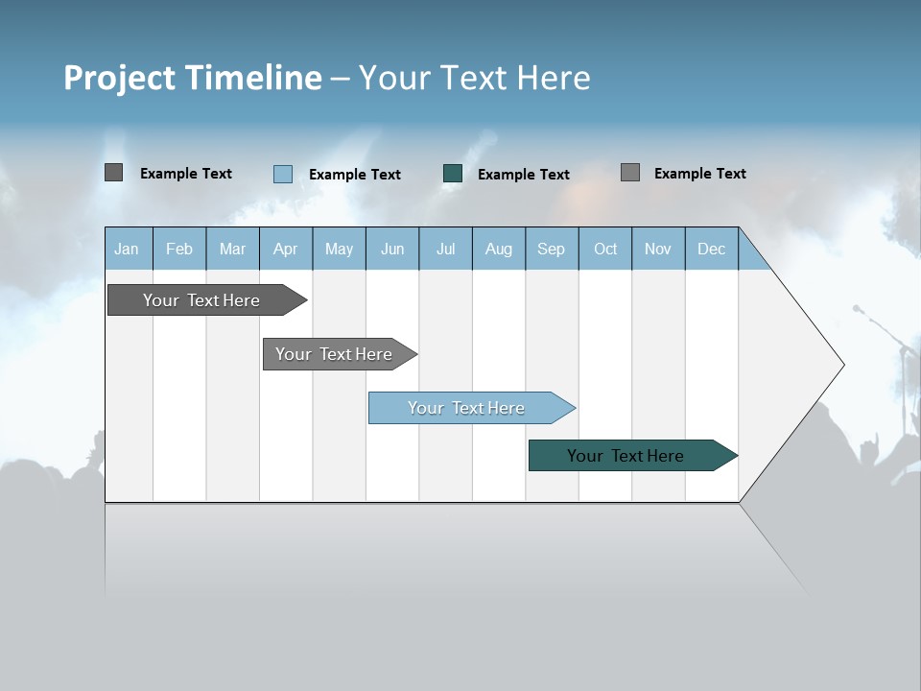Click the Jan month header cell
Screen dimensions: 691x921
coord(127,249)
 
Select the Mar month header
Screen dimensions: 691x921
coord(232,249)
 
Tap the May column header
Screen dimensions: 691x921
coord(339,249)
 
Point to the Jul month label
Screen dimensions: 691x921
coord(445,249)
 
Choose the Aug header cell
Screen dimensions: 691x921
coord(498,249)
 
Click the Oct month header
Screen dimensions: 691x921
coord(605,249)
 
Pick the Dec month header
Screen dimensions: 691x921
coord(711,249)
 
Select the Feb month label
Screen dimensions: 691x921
coord(179,249)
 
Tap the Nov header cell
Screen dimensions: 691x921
coord(658,249)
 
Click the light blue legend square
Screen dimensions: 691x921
coord(283,174)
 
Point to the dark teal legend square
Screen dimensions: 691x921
coord(453,174)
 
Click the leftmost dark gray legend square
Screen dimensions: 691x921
coord(114,173)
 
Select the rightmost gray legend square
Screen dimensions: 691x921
coord(630,173)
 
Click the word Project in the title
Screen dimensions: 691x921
coord(119,78)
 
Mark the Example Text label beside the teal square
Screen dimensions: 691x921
coord(524,175)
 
